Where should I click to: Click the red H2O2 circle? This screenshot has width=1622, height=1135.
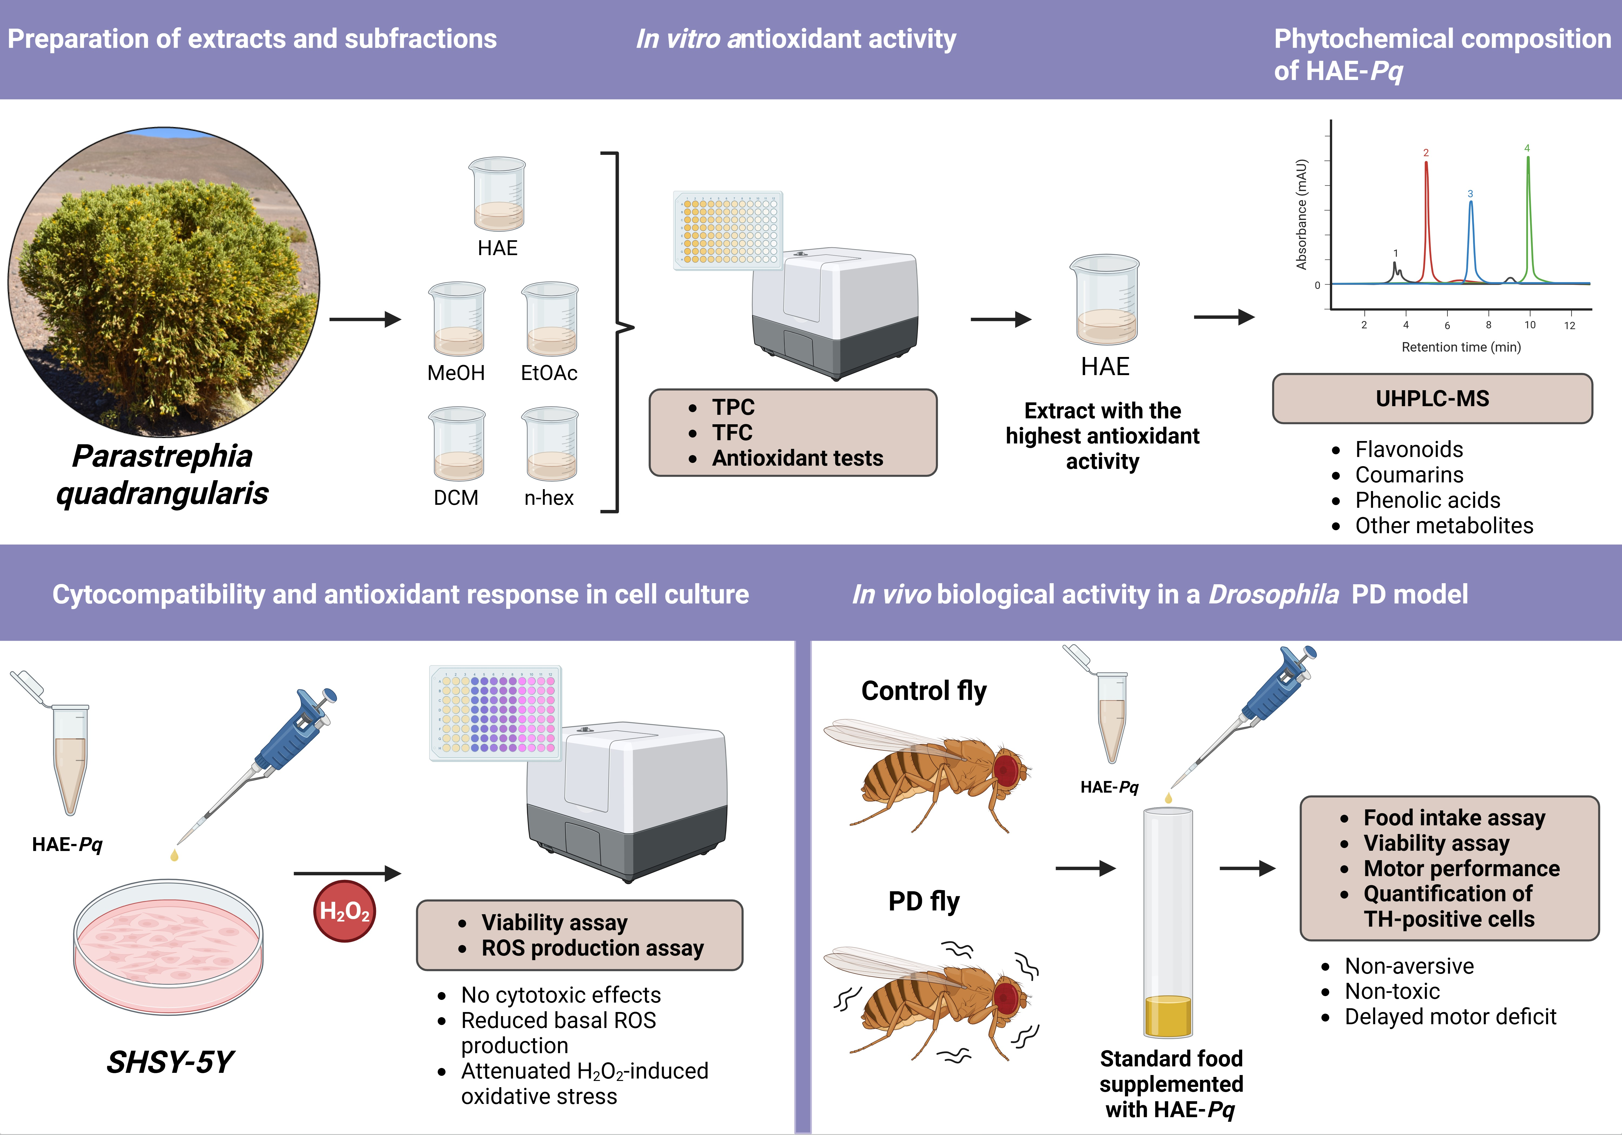tap(344, 911)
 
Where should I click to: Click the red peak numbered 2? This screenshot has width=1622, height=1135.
tap(1426, 212)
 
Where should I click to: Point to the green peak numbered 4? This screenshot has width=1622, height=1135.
tap(1528, 212)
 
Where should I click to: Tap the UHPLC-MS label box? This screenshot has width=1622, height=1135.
tap(1432, 398)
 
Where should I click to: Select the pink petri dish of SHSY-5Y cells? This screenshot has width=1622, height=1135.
tap(168, 946)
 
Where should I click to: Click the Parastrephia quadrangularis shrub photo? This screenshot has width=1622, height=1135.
tap(164, 282)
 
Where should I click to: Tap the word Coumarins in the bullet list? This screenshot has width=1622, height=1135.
tap(1409, 475)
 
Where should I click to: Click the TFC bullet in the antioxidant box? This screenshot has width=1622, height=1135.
tap(732, 432)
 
